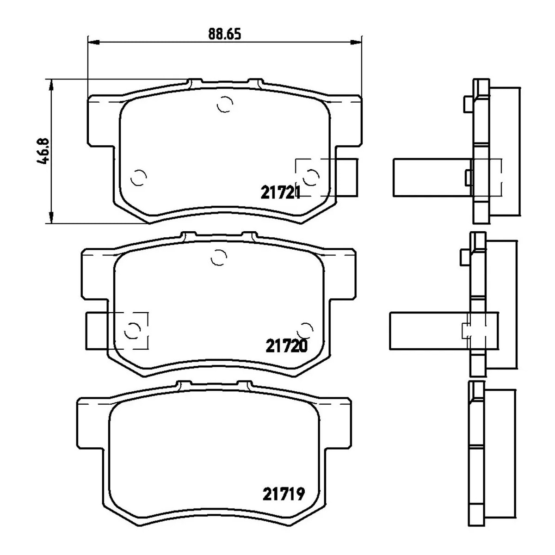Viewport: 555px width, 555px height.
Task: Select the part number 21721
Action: coord(281,192)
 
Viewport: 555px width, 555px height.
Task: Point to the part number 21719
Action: coord(284,494)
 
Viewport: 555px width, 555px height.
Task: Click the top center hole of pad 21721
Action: coord(225,105)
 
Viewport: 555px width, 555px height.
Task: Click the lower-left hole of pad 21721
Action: coord(138,177)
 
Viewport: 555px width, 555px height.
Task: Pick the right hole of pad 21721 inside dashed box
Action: coord(311,177)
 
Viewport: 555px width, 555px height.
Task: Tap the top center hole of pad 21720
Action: coord(218,258)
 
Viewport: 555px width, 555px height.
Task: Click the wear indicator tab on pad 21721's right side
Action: coord(347,177)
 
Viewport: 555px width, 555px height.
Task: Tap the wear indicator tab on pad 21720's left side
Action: coord(97,330)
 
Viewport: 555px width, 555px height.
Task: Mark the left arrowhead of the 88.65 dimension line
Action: coord(93,43)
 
